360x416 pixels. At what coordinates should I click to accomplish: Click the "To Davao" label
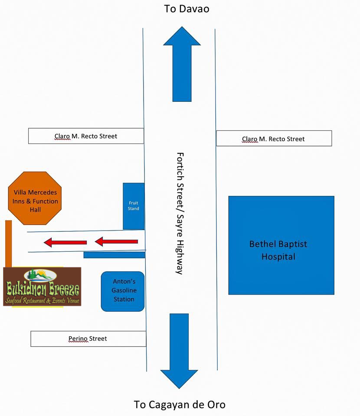click(x=187, y=9)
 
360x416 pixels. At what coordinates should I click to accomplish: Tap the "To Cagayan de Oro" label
click(x=180, y=405)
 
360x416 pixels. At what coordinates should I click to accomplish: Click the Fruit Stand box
click(x=134, y=206)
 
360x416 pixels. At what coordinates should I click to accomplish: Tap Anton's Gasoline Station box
click(x=123, y=291)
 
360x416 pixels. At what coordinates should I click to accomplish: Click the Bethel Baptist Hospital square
click(x=281, y=245)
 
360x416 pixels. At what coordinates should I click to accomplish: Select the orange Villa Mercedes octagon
click(x=36, y=198)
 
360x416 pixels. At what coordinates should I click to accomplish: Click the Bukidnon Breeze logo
click(x=42, y=287)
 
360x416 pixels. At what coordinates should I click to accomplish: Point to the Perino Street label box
click(x=88, y=338)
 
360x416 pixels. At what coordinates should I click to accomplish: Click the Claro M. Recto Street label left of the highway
click(x=86, y=136)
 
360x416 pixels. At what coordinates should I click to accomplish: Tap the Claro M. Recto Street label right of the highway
click(x=274, y=139)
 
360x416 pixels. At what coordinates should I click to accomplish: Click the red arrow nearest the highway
click(x=116, y=241)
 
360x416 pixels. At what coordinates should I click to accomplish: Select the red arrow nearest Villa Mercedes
click(x=65, y=242)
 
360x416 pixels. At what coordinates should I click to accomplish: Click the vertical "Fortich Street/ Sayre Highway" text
click(x=180, y=213)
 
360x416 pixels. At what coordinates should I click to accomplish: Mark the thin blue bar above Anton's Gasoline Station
click(x=114, y=255)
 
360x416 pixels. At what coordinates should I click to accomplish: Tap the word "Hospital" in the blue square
click(x=278, y=257)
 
